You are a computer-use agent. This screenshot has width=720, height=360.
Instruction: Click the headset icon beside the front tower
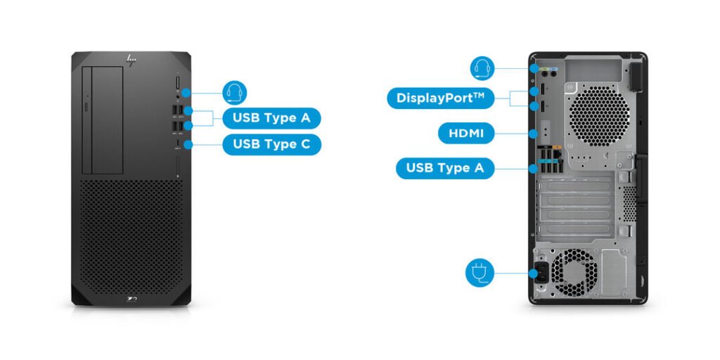(235, 92)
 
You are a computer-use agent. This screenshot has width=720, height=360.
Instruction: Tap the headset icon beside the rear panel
(482, 68)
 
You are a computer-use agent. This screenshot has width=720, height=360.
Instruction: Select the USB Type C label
(271, 144)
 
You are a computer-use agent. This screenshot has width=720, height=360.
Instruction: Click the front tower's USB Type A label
(271, 117)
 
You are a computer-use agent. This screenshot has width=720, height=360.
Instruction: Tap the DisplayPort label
(440, 98)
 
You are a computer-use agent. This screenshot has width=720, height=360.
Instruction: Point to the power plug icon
(480, 272)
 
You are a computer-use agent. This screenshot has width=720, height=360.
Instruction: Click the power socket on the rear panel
(541, 273)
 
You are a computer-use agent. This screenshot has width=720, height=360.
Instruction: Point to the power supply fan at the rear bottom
(572, 272)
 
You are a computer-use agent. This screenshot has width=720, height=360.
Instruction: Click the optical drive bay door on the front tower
(103, 121)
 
